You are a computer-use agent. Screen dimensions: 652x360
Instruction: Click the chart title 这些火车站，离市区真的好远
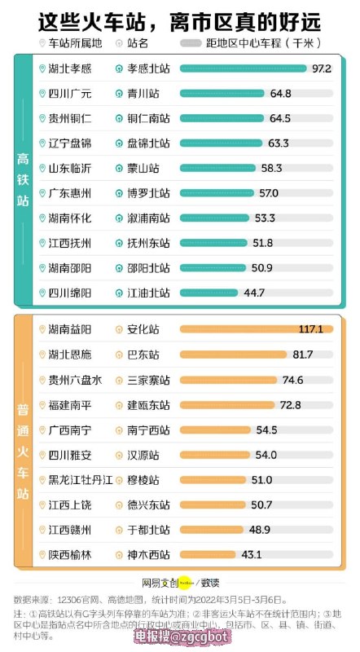pyautogui.click(x=180, y=20)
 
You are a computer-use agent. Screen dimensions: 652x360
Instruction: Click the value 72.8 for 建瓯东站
pyautogui.click(x=291, y=405)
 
